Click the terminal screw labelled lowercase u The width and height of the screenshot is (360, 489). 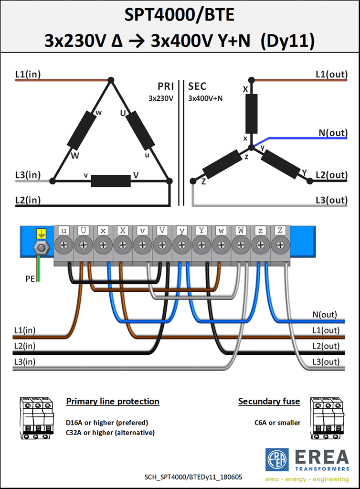tap(64, 245)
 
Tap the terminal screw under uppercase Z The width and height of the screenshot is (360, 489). tap(280, 245)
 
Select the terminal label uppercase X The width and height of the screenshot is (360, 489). tap(123, 231)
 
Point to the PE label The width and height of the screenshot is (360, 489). tap(30, 278)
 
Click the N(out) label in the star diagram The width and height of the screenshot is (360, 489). tap(333, 133)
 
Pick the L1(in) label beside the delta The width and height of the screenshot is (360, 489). tap(28, 74)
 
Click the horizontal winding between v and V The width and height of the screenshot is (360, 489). tap(111, 181)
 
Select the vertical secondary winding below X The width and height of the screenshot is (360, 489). tap(252, 114)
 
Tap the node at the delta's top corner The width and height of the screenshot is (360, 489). tap(111, 80)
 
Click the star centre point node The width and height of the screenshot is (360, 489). tap(252, 147)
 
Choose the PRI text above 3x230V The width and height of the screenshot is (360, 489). tap(166, 86)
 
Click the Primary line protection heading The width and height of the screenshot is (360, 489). tap(113, 401)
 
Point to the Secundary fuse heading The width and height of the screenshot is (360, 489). tap(269, 401)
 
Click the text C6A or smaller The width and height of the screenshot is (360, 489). tap(277, 423)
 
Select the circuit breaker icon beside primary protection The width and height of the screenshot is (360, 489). tap(36, 418)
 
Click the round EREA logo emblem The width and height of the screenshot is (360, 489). tap(277, 460)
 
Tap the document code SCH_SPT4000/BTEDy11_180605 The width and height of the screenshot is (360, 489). tap(193, 477)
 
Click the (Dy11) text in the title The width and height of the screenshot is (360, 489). tap(287, 41)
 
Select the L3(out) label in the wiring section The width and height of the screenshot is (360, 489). tap(326, 362)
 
